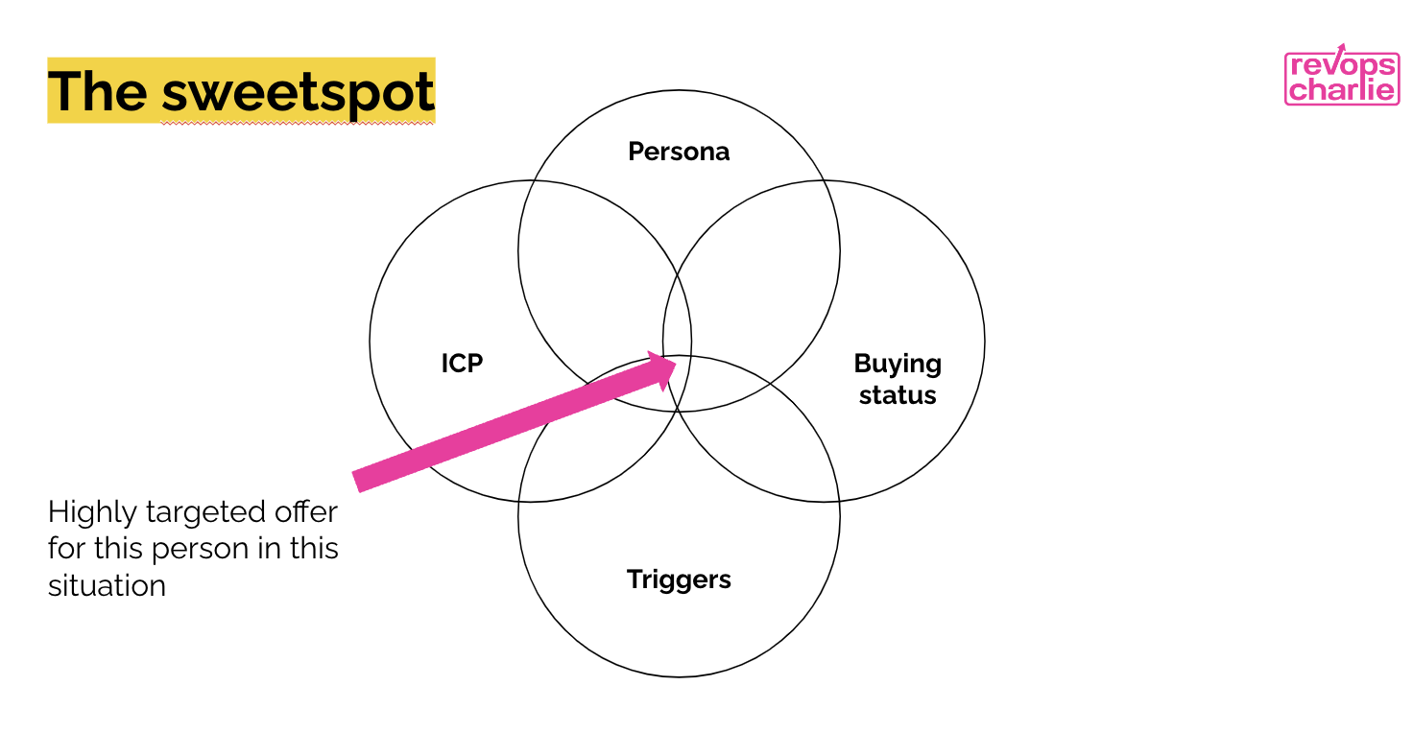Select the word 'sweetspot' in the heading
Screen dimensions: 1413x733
pyautogui.click(x=298, y=93)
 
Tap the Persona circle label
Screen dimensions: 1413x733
pyautogui.click(x=679, y=152)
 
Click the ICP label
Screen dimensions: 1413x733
pyautogui.click(x=462, y=364)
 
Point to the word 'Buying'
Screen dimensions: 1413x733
pyautogui.click(x=898, y=364)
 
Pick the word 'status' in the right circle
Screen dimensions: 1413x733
pyautogui.click(x=898, y=395)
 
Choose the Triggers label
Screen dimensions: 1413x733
pyautogui.click(x=679, y=579)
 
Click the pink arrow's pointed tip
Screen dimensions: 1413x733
pyautogui.click(x=674, y=362)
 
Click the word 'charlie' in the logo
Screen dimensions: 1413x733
pyautogui.click(x=1342, y=90)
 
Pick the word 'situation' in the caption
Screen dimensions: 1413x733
pyautogui.click(x=107, y=585)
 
